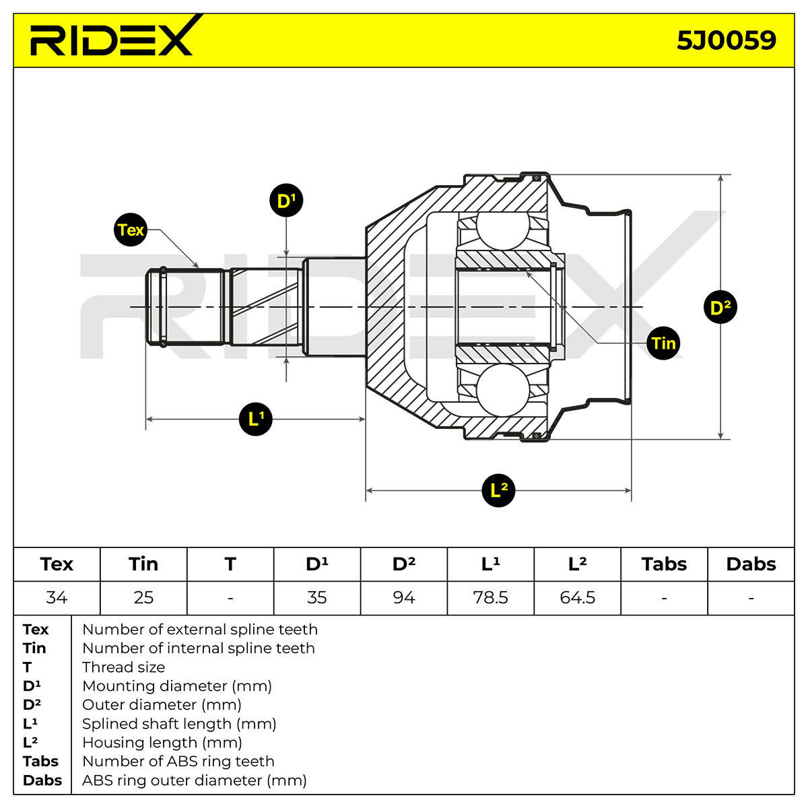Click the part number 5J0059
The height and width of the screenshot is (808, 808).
(x=726, y=40)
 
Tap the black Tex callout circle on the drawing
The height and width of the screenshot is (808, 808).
(x=131, y=230)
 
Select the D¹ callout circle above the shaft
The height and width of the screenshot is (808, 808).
(x=286, y=200)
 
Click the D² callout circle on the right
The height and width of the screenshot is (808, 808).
(x=720, y=307)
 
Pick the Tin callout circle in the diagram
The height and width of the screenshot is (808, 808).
(x=663, y=343)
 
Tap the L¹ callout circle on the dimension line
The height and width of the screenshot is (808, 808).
(x=255, y=419)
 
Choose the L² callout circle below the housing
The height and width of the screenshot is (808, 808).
(x=498, y=490)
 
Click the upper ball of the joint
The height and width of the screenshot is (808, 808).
(x=503, y=230)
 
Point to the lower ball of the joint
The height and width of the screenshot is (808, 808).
(x=503, y=391)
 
